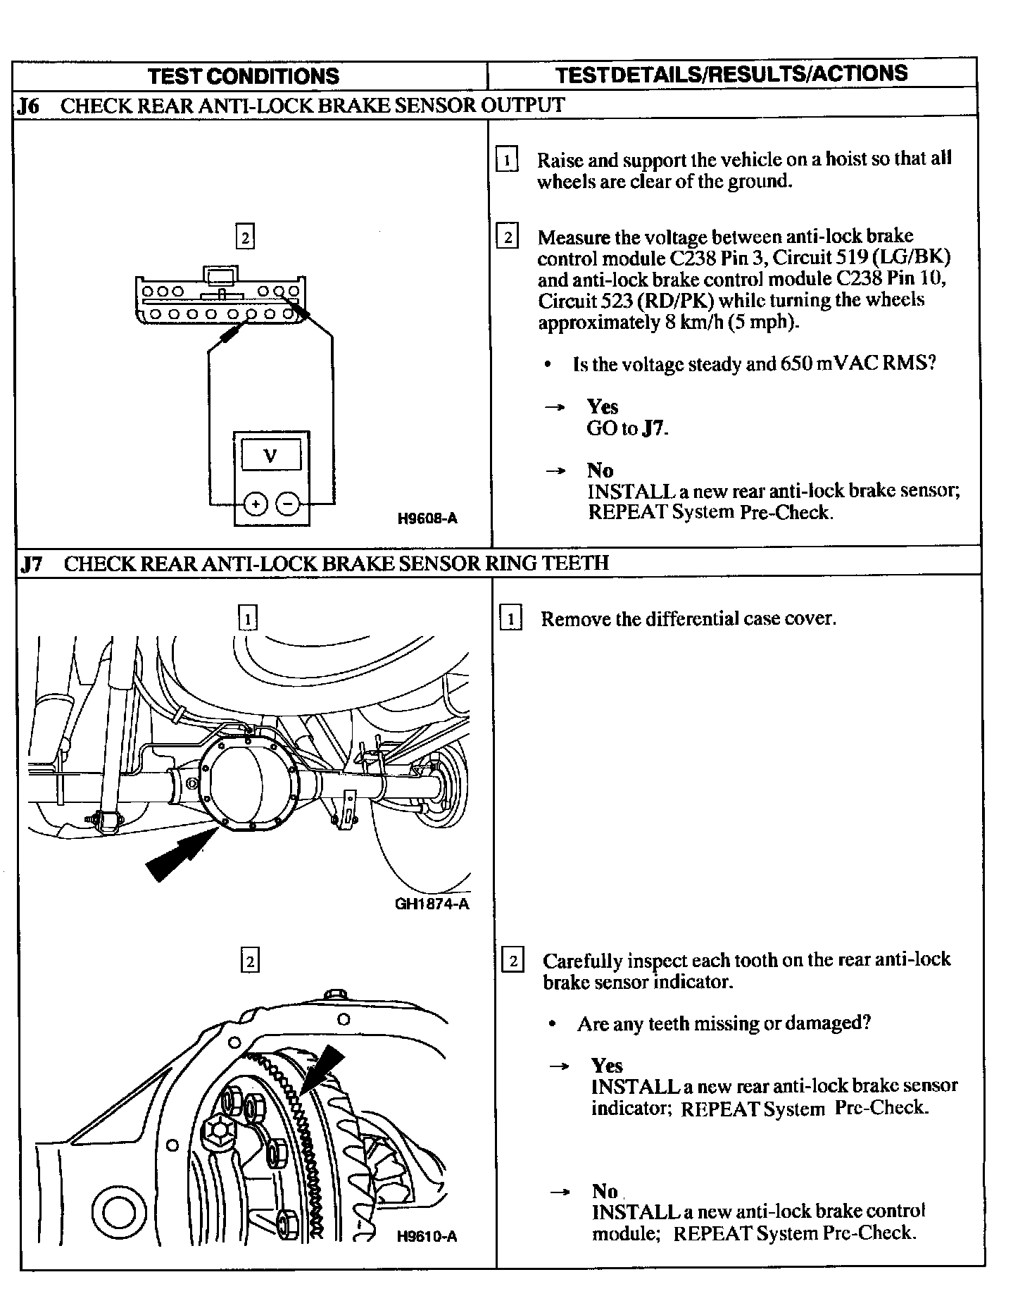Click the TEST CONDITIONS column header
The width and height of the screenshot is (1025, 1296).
point(244,76)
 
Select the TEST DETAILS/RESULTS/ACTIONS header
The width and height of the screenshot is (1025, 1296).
point(731,74)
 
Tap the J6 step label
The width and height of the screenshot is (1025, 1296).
point(29,106)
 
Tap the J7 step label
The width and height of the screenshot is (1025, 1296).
point(32,563)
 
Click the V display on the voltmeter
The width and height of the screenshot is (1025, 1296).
point(270,455)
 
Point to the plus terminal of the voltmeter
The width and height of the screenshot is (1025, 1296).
point(256,504)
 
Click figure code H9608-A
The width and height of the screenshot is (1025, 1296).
point(427,519)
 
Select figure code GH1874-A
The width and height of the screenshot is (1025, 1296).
point(432,904)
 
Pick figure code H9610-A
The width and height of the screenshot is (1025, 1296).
point(427,1256)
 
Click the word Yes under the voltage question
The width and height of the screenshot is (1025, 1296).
point(603,407)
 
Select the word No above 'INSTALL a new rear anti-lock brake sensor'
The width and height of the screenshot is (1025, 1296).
point(600,471)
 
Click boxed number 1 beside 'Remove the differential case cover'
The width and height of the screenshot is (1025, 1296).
point(510,619)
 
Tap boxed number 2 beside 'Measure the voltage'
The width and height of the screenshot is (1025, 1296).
point(508,237)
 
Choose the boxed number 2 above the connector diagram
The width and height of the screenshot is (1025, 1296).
point(244,237)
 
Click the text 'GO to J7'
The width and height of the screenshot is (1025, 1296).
point(627,428)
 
